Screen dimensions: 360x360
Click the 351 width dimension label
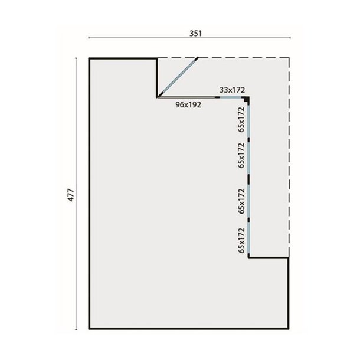pyautogui.click(x=196, y=33)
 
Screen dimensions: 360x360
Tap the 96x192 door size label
pyautogui.click(x=189, y=105)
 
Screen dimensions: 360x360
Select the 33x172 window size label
pyautogui.click(x=232, y=89)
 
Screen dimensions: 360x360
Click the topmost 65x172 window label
pyautogui.click(x=241, y=118)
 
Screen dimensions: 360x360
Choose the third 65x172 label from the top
pyautogui.click(x=241, y=199)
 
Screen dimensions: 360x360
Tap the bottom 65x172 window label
pyautogui.click(x=241, y=240)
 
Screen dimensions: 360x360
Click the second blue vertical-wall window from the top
pyautogui.click(x=250, y=156)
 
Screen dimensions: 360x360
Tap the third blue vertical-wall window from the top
pyautogui.click(x=250, y=198)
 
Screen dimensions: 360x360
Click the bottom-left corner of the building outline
pyautogui.click(x=89, y=329)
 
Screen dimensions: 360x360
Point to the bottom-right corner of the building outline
pyautogui.click(x=289, y=329)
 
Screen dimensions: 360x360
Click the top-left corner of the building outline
pyautogui.click(x=89, y=58)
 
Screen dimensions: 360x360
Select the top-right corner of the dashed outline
pyautogui.click(x=289, y=58)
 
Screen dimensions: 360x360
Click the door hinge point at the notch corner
pyautogui.click(x=158, y=96)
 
